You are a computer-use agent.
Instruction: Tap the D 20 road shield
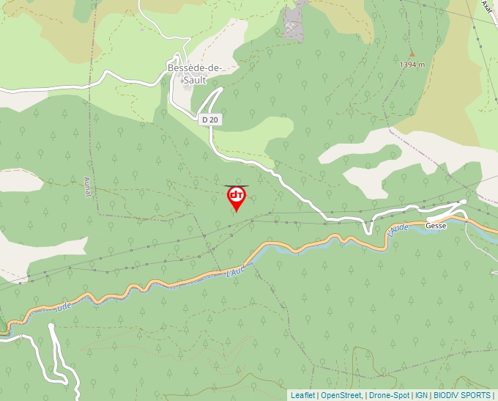coord(210,119)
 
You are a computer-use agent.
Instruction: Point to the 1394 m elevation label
coord(412,65)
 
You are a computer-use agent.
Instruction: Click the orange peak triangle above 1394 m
coord(412,54)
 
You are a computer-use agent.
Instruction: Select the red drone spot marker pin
coord(237,196)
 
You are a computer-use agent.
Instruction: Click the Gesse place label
coord(436,226)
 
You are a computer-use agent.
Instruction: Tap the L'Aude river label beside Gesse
coord(398,230)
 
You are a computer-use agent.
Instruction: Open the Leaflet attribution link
coord(302,395)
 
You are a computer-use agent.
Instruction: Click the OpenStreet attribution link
coord(341,395)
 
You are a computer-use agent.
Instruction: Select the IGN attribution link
coord(421,395)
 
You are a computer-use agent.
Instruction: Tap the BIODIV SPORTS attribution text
coord(462,395)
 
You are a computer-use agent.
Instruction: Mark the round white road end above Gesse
coord(464,202)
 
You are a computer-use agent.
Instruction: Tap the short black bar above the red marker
coord(237,185)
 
